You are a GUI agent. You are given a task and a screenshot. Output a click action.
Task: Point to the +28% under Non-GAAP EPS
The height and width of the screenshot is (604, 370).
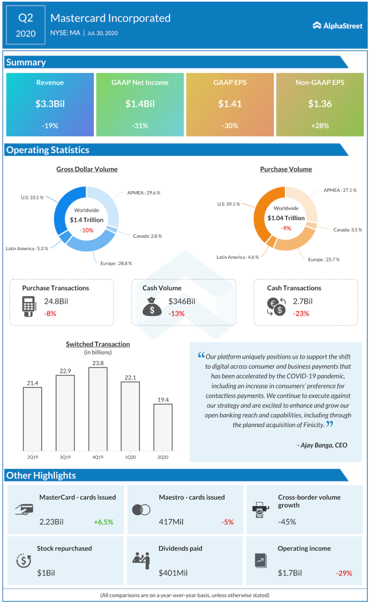320,125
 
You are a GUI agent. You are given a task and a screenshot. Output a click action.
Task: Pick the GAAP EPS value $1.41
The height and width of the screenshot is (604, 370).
230,104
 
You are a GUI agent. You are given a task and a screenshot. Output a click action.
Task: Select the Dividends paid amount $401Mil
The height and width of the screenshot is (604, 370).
172,573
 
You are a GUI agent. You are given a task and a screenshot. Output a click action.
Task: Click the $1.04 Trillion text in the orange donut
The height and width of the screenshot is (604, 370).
286,218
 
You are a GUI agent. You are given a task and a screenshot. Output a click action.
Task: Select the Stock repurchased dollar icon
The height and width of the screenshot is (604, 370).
24,560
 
